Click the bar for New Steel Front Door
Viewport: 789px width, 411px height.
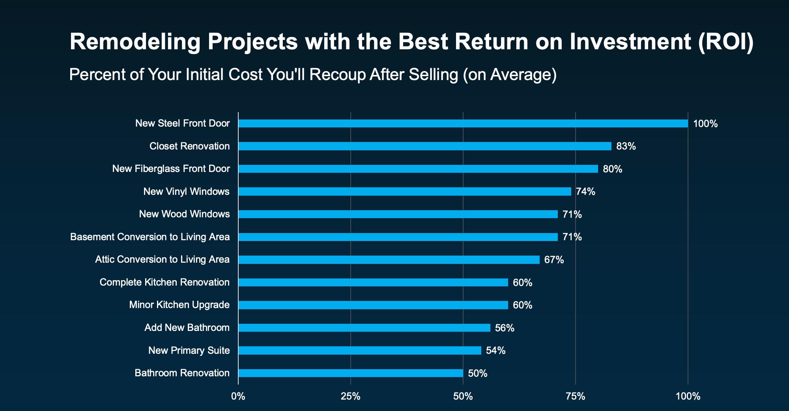[463, 123]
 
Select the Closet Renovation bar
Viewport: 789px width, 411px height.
[425, 146]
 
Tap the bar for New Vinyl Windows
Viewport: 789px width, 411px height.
[405, 192]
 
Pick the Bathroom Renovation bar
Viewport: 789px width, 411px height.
[351, 373]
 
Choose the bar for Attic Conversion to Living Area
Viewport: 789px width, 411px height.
[389, 260]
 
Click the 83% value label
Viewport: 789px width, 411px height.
[626, 146]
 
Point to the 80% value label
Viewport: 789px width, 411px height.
[612, 169]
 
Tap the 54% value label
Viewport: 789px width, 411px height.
[495, 351]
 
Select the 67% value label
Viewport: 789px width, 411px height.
[554, 260]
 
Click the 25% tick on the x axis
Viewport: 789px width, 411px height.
[351, 396]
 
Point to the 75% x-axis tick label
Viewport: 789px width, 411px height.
[576, 396]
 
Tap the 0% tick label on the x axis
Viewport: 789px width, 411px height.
[238, 396]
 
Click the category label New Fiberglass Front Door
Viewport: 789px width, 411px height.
[171, 169]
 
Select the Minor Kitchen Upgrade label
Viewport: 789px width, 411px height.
[179, 305]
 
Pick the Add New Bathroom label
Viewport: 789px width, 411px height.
[187, 328]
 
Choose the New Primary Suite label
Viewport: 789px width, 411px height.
[189, 351]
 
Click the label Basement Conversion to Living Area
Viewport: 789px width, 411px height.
[150, 237]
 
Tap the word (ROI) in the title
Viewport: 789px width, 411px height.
[726, 42]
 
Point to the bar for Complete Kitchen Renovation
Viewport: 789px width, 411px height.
[373, 282]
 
